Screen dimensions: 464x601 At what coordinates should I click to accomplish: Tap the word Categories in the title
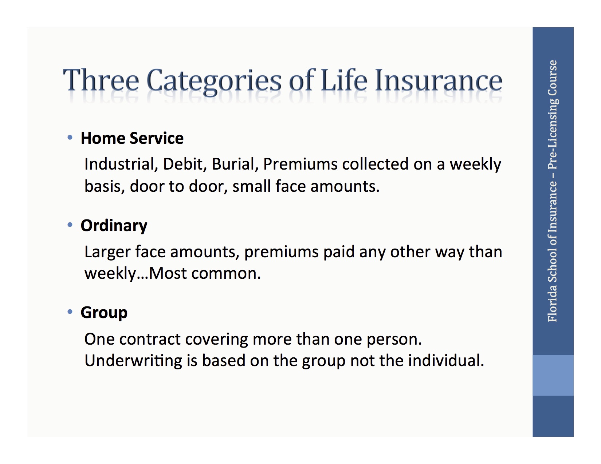coord(214,81)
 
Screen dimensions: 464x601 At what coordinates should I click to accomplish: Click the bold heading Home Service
coord(132,138)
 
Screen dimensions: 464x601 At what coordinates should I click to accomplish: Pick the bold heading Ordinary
coord(114,226)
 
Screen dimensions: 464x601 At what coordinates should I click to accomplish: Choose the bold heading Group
coord(104,313)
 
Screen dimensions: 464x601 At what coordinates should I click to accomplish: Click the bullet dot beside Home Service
coord(70,138)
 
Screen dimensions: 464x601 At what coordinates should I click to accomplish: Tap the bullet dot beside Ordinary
coord(70,225)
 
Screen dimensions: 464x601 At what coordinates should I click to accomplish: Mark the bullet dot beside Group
coord(70,312)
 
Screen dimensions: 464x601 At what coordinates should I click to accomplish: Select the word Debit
coord(185,164)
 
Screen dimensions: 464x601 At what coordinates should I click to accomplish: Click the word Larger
coord(107,252)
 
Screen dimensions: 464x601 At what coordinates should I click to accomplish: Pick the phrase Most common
coord(205,273)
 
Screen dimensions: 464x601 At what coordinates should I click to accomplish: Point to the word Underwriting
coord(133,361)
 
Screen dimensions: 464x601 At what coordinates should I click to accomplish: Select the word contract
coord(150,339)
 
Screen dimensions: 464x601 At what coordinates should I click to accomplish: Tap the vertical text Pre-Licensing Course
coord(553,115)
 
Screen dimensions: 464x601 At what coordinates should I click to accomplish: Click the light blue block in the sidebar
coord(553,375)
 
